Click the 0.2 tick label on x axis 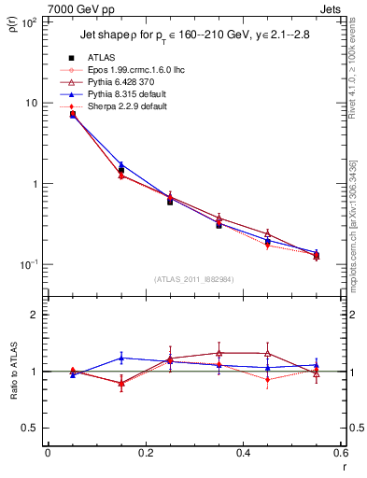[145, 454]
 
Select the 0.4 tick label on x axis [243, 454]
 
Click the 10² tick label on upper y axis [28, 22]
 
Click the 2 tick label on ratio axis [35, 316]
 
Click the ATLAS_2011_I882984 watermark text [193, 279]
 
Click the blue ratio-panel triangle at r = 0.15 [120, 358]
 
